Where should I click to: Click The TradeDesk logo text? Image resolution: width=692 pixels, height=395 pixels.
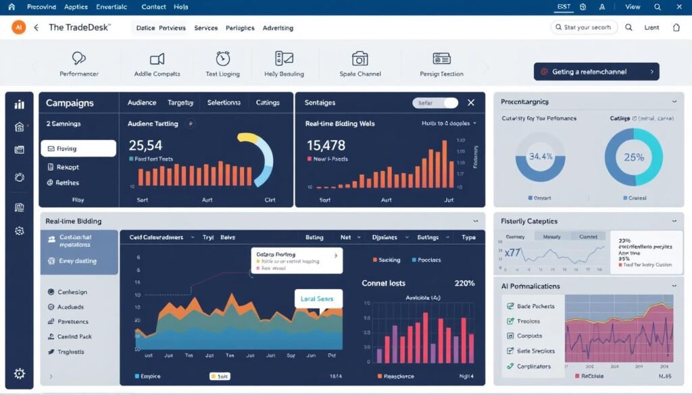coord(80,28)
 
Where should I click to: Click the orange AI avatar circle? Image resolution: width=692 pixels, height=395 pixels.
coord(18,28)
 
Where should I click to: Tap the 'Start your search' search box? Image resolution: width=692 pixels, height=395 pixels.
coord(583,28)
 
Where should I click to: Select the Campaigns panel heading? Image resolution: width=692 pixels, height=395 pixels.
coord(70,103)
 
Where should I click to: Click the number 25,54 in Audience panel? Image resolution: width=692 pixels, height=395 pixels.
coord(145,144)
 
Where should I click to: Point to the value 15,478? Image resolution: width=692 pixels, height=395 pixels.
coord(326,144)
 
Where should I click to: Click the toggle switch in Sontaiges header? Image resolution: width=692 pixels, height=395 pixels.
coord(435,103)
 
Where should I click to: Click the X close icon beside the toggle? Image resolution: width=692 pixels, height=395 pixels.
coord(471,103)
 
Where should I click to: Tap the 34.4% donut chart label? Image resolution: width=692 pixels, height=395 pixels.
coord(541,157)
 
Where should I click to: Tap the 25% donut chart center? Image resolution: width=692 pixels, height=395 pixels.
coord(633,157)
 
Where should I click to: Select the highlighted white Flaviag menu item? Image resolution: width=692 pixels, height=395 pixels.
coord(78,149)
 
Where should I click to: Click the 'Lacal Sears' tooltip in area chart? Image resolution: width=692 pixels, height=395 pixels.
coord(318,298)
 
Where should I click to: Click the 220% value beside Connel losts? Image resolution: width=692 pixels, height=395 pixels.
coord(464,283)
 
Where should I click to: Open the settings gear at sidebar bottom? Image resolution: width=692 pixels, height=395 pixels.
coord(20,373)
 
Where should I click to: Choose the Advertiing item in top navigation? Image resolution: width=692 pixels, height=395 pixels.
coord(278,28)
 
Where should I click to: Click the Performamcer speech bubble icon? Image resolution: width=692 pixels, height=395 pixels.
coord(79,59)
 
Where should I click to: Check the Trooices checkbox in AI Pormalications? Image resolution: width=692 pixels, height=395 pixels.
coord(511,321)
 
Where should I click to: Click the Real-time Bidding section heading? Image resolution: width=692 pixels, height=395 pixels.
coord(74,221)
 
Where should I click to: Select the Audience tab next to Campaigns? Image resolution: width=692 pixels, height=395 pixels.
coord(142,103)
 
